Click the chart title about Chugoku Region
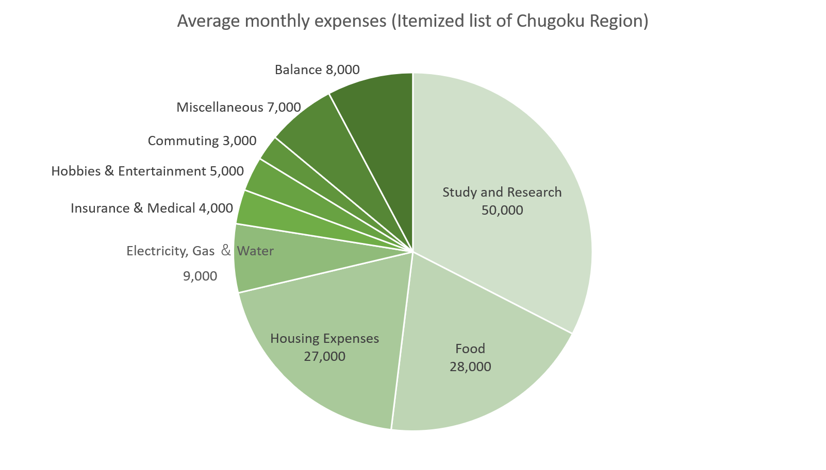click(412, 21)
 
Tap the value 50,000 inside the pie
click(502, 211)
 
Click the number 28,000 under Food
click(470, 367)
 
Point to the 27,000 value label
click(324, 357)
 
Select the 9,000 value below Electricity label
click(200, 276)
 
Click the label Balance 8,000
click(317, 70)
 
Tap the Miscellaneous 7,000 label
click(239, 108)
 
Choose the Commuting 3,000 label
click(202, 141)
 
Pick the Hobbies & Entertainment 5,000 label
click(147, 171)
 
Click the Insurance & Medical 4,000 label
click(152, 208)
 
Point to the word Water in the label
click(255, 251)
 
